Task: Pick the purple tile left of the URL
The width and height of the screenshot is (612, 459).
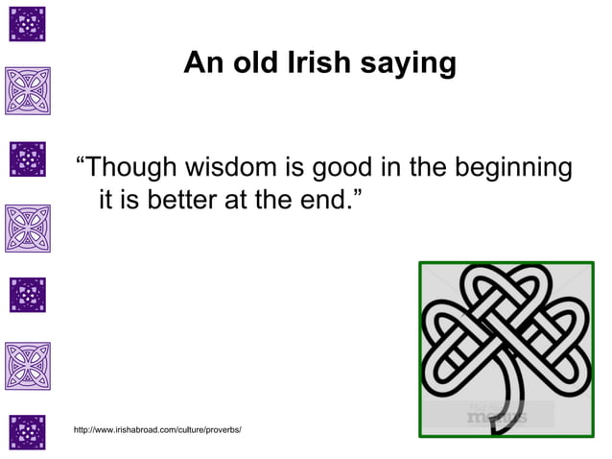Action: point(28,432)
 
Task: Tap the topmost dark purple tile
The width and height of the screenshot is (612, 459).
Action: point(28,24)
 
